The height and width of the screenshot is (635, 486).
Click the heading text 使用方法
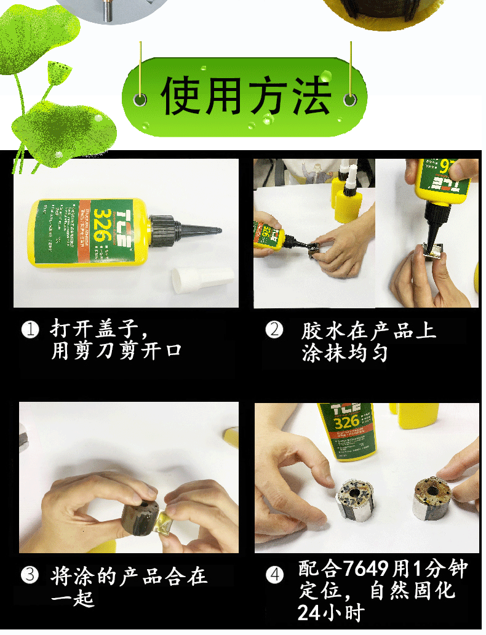[245, 97]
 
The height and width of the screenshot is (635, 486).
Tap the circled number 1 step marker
[30, 329]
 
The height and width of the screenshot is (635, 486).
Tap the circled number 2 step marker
[274, 329]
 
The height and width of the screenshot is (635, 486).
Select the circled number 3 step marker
[30, 575]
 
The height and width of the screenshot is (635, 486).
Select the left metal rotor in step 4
[356, 498]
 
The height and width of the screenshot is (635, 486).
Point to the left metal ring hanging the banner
[141, 98]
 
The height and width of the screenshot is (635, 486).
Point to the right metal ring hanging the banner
[350, 98]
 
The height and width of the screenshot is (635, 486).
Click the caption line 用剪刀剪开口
[117, 351]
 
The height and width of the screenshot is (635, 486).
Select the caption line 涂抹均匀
[345, 353]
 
